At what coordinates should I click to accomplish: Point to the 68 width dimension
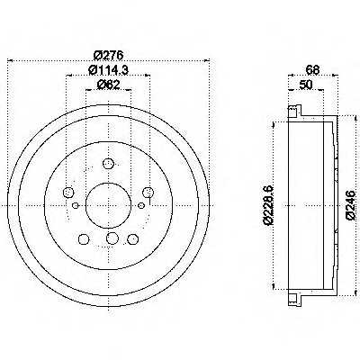(313, 70)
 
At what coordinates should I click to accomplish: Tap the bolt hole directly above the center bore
(108, 164)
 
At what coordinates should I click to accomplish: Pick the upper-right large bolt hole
(148, 192)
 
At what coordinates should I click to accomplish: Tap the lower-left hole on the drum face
(84, 239)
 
